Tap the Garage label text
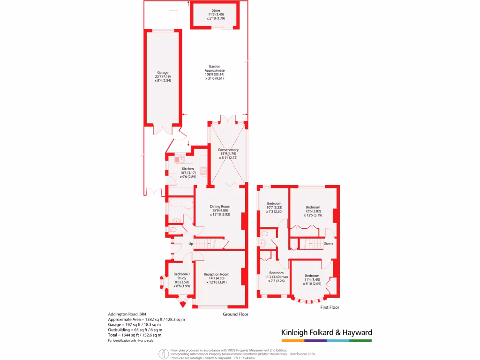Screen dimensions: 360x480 pyautogui.click(x=163, y=76)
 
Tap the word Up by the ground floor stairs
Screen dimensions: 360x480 pyautogui.click(x=190, y=244)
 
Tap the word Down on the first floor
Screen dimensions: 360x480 pyautogui.click(x=328, y=243)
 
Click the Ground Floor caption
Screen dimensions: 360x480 pyautogui.click(x=235, y=314)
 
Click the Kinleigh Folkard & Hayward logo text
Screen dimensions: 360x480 pyautogui.click(x=326, y=332)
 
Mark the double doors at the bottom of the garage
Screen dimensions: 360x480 pyautogui.click(x=163, y=129)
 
